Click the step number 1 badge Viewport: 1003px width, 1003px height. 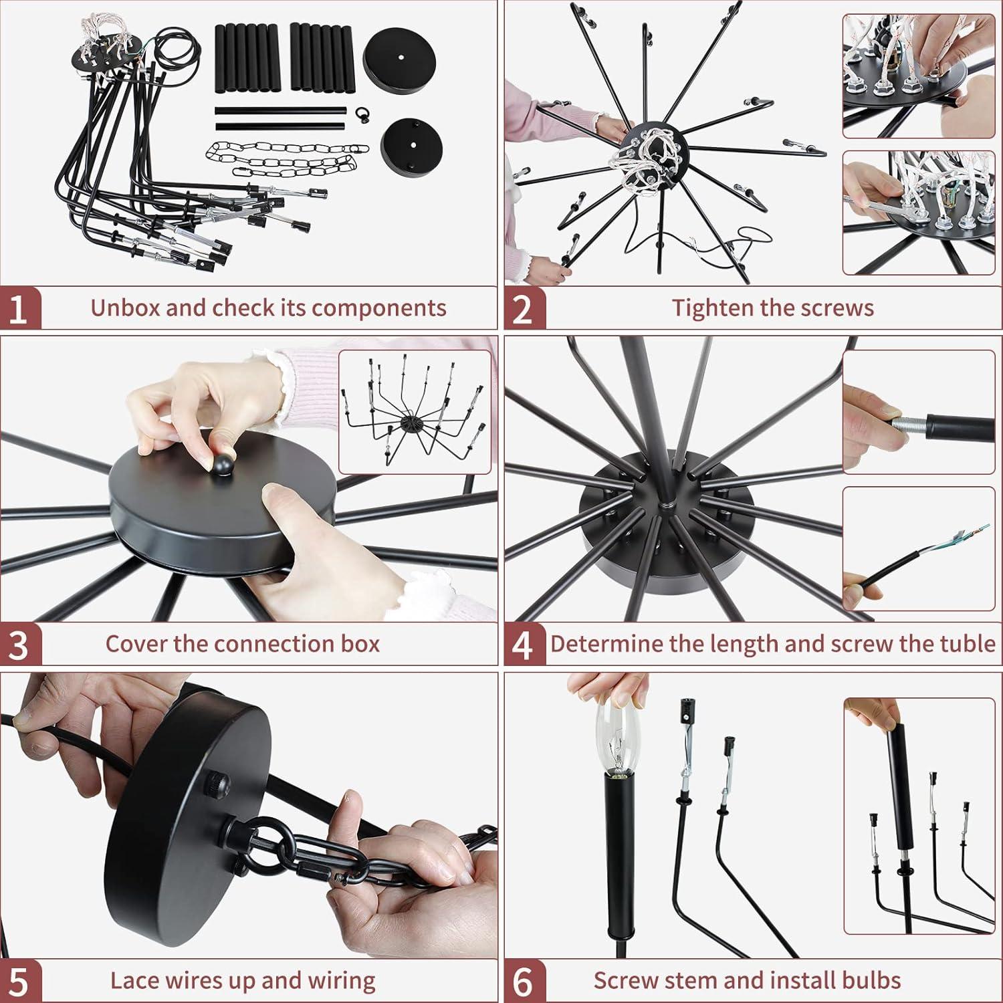click(19, 309)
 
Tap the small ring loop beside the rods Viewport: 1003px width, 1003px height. click(364, 113)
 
